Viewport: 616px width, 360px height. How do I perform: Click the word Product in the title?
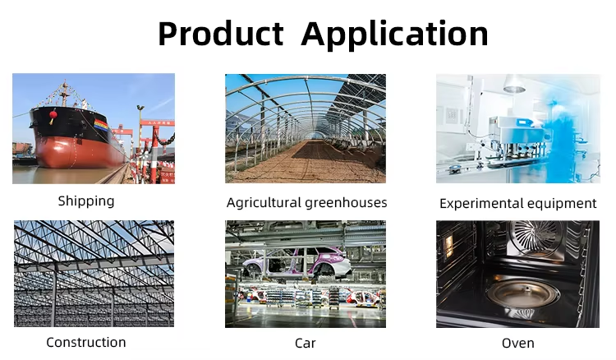pos(221,34)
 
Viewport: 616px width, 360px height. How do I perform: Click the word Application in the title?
pos(394,35)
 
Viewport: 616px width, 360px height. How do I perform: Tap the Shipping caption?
pos(86,201)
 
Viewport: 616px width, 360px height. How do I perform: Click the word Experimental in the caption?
pos(481,204)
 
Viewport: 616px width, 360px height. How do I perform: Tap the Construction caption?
pos(86,342)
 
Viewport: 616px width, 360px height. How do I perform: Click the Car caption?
pos(306,343)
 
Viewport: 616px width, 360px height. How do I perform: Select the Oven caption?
pos(517,343)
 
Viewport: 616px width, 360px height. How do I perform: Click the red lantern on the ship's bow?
pos(53,116)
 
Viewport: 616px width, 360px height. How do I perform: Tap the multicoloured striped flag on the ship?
pos(101,126)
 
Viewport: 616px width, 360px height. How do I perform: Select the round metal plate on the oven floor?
pos(522,293)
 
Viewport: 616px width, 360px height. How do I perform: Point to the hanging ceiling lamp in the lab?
pos(515,84)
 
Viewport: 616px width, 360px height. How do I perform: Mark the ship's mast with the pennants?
pos(65,94)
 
